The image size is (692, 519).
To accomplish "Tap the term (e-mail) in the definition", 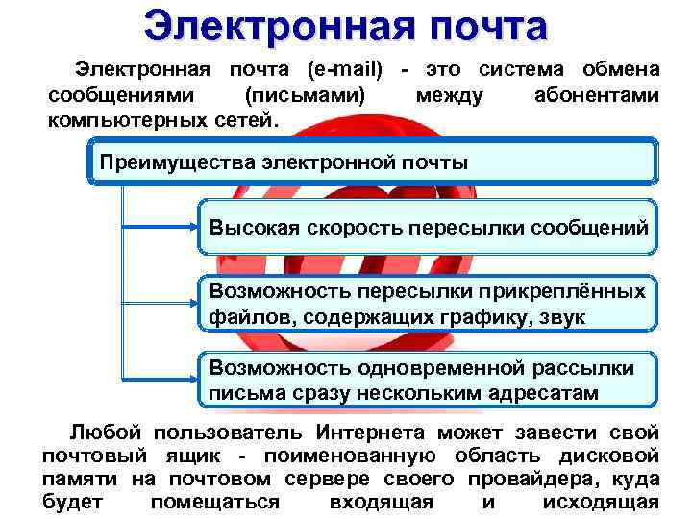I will point(345,70).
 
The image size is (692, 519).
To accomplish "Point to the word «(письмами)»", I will point(306,96).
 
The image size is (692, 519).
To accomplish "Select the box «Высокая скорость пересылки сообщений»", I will point(428,227).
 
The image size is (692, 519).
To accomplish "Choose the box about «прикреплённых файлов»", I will point(428,303).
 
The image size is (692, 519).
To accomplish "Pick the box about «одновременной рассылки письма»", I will point(428,381).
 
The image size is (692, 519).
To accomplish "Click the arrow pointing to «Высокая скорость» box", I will point(163,228).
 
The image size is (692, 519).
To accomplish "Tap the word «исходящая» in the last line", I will point(601,502).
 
